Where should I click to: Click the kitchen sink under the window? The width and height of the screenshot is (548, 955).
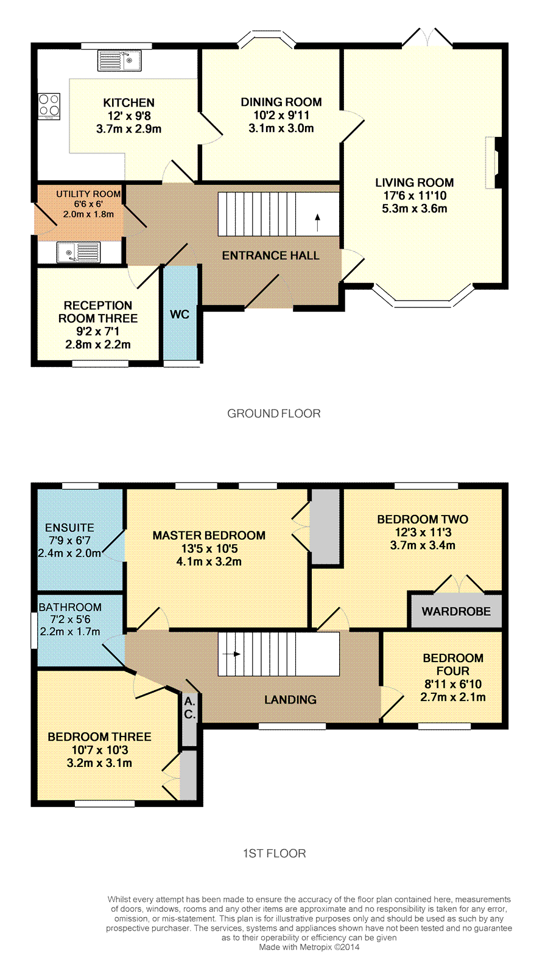[119, 60]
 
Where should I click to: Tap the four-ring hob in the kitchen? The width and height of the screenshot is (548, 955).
[49, 106]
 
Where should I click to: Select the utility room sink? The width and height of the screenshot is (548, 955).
[79, 253]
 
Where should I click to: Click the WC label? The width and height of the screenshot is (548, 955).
[180, 314]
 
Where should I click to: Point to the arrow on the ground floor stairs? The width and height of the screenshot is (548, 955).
[317, 222]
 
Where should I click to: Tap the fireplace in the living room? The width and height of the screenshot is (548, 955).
[494, 163]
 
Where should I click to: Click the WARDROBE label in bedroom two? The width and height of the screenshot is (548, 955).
[456, 611]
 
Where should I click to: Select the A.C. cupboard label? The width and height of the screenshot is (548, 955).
[190, 708]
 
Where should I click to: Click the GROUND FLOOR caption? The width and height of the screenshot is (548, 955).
[274, 413]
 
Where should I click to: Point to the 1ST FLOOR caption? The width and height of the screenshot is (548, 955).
[274, 853]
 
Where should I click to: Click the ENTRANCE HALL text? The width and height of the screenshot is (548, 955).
[270, 256]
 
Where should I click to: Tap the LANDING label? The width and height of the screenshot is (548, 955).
[290, 699]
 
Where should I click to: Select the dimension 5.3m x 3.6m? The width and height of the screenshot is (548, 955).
[415, 209]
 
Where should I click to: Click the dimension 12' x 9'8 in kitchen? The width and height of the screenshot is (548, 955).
[129, 116]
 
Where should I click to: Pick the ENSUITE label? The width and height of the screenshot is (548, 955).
[69, 528]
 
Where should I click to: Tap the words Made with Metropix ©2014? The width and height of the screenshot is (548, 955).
[309, 947]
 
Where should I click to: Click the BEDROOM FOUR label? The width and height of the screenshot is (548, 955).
[453, 664]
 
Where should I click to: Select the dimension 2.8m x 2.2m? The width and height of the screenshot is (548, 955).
[97, 345]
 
